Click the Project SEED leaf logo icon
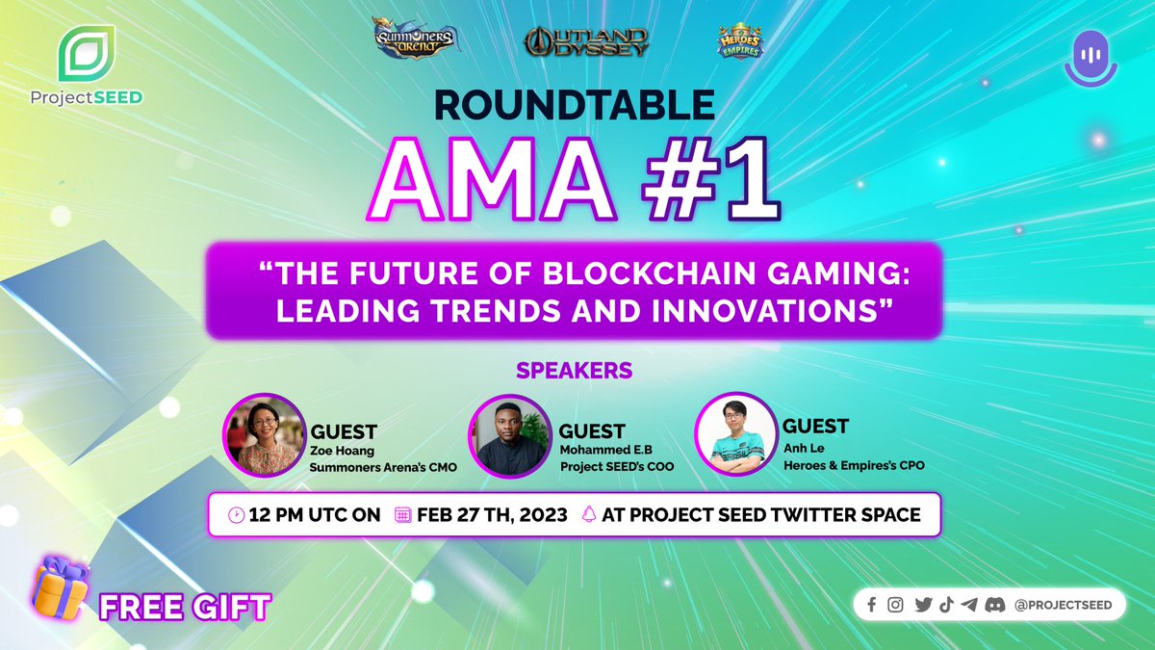point(87,55)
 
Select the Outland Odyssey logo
point(586,40)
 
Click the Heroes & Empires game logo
point(739,40)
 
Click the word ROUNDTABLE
point(575,104)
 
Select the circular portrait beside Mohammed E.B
point(506,436)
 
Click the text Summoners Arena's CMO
point(383,468)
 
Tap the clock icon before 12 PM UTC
point(236,515)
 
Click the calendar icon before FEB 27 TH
point(403,515)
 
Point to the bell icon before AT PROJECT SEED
point(589,515)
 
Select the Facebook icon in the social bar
point(872,605)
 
